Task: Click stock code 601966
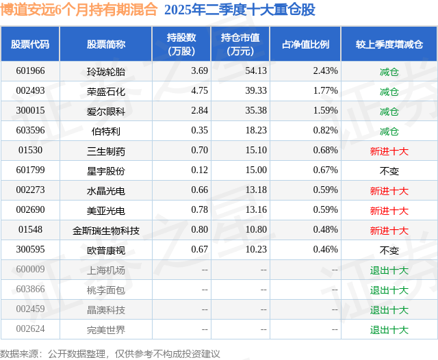(x=30, y=71)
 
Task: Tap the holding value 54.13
(x=235, y=71)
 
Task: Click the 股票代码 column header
(x=30, y=44)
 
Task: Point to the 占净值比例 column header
(x=305, y=44)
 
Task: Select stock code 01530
(x=30, y=151)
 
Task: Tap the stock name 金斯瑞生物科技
(x=106, y=231)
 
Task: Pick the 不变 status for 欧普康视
(x=389, y=250)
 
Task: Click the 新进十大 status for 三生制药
(x=389, y=151)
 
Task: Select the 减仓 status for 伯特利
(x=389, y=131)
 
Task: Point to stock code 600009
(x=30, y=270)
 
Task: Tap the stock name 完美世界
(x=106, y=330)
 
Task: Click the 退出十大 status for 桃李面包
(x=389, y=290)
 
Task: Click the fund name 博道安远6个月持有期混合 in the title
(x=79, y=10)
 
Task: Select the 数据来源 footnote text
(x=110, y=353)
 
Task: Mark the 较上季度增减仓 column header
(x=389, y=44)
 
